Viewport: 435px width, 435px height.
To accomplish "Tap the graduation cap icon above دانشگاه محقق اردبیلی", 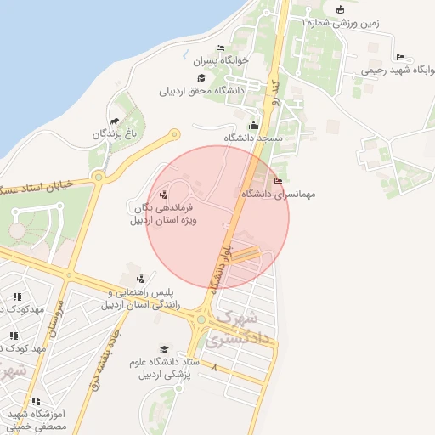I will [201, 78].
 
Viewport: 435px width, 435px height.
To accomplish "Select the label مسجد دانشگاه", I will [252, 137].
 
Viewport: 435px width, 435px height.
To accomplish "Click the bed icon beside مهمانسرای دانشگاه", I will [278, 181].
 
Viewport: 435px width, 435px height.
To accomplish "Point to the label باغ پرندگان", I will [115, 134].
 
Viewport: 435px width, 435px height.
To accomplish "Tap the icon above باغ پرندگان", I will [115, 122].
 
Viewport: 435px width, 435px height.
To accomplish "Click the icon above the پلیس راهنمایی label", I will [140, 279].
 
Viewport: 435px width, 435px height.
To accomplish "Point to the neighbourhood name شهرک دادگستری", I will [246, 327].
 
